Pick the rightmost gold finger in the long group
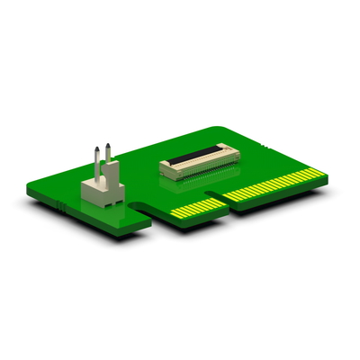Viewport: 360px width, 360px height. click(320, 168)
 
